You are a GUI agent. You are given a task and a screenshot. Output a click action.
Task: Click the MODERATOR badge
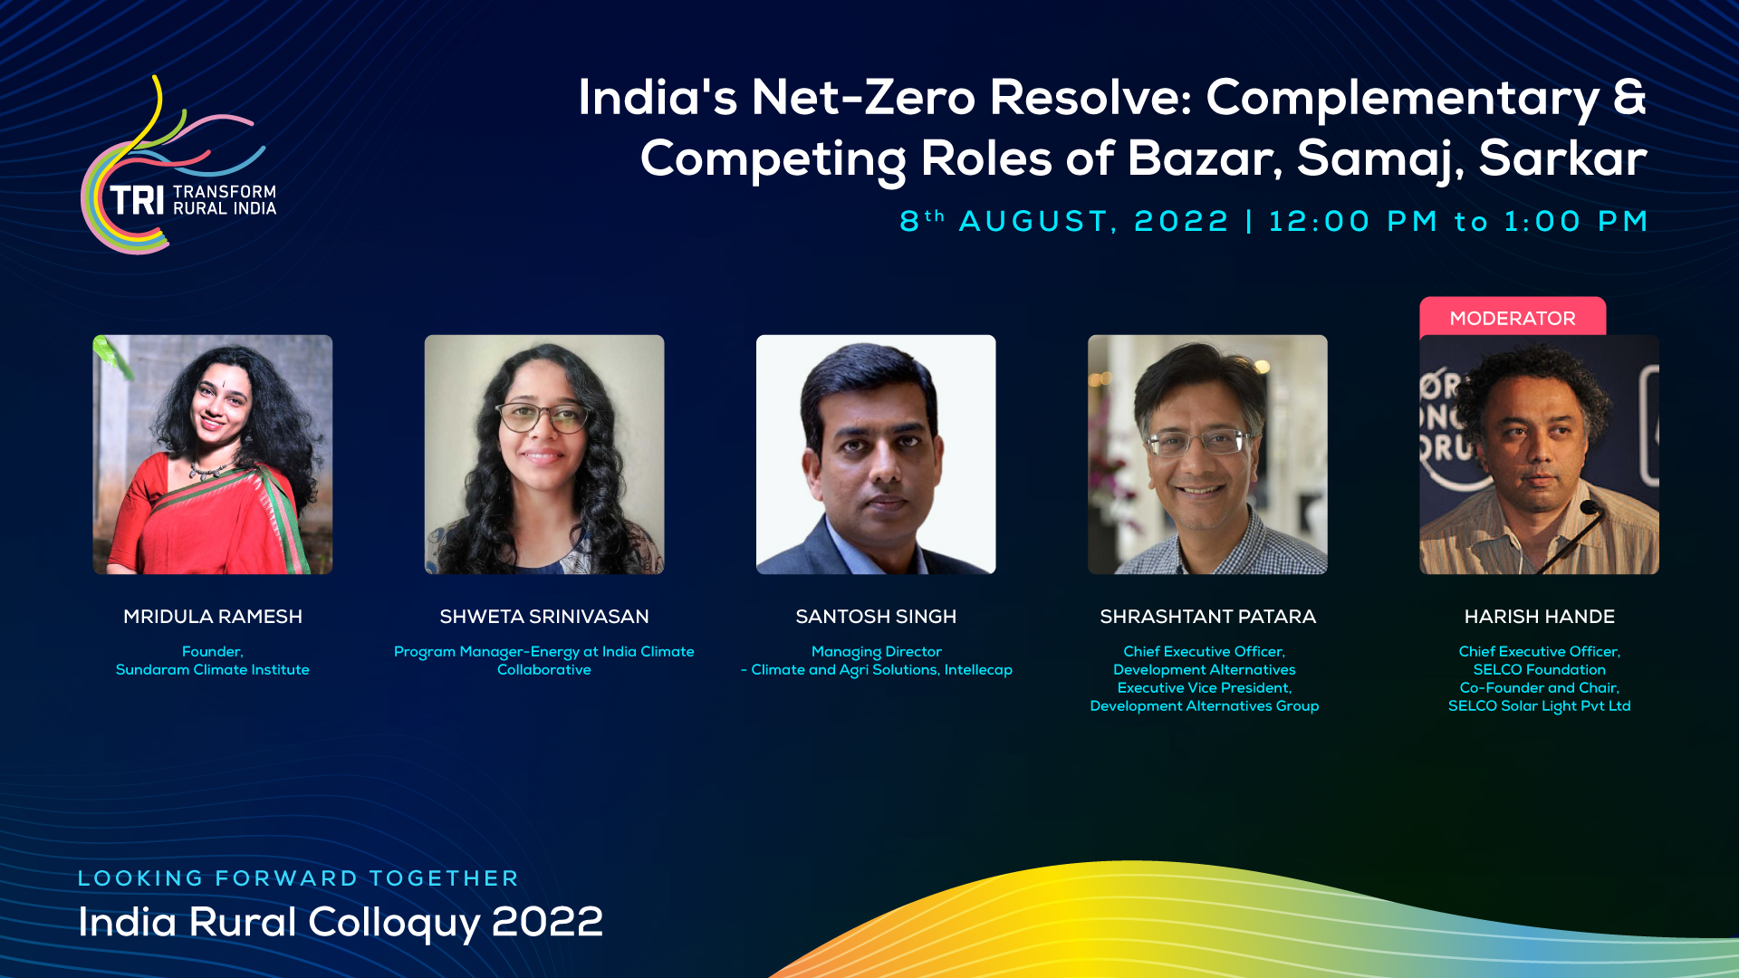coord(1513,318)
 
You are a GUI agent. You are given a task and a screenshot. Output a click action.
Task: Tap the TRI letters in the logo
coord(137,200)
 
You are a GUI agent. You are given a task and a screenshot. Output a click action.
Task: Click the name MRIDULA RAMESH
coord(213,617)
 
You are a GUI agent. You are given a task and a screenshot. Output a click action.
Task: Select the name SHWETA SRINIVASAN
coord(544,617)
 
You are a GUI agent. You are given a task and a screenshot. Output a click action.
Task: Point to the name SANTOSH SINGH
coord(876,617)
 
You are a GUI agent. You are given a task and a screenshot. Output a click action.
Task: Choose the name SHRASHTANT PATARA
coord(1207,617)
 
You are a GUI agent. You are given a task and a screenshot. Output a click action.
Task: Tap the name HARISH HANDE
coord(1540,617)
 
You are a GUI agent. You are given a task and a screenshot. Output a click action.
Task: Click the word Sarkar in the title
coord(1562,158)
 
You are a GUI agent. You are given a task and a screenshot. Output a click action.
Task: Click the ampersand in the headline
coord(1629,97)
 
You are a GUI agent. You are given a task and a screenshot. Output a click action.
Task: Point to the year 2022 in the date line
coord(1181,221)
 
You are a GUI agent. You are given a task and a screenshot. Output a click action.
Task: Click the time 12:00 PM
coord(1353,221)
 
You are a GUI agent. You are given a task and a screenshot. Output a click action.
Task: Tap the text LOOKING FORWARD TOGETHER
coord(298,878)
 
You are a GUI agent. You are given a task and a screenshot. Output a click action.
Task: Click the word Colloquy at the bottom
coord(395,923)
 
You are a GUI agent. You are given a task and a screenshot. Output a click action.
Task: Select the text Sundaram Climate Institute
coord(213,670)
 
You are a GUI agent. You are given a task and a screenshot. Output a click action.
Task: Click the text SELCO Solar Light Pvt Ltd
coord(1540,706)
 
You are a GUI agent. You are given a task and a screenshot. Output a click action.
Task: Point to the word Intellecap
coord(978,670)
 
